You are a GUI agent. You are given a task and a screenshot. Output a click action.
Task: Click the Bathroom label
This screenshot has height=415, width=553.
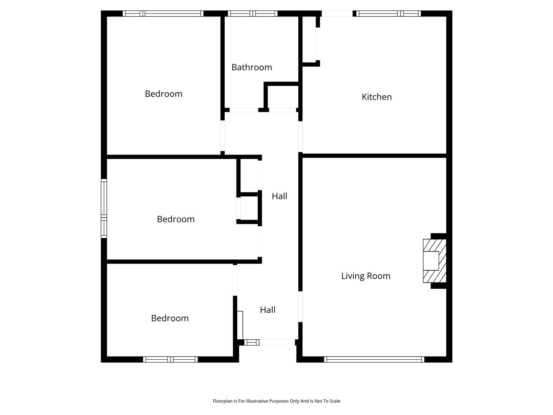[x=252, y=67]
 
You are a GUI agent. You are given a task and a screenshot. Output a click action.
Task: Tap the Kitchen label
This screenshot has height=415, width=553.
[x=376, y=97]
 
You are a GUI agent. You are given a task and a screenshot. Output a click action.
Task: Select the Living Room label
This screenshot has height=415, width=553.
[x=366, y=276]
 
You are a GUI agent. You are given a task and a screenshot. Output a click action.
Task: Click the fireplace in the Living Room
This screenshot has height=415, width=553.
[x=434, y=261]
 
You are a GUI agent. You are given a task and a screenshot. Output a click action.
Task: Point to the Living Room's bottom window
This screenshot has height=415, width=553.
[x=374, y=359]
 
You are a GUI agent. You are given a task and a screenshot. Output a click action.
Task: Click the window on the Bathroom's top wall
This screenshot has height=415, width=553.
[x=253, y=13]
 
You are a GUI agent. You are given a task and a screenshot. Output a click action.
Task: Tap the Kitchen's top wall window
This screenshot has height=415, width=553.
[x=388, y=13]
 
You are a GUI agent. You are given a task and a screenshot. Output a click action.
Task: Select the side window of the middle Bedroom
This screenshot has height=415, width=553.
[x=104, y=208]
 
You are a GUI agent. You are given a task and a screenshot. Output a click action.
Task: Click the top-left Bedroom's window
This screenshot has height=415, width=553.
[x=163, y=13]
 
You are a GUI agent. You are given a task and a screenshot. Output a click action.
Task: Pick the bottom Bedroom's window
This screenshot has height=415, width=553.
[x=170, y=359]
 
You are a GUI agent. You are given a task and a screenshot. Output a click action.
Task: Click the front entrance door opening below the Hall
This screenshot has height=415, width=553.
[x=277, y=342]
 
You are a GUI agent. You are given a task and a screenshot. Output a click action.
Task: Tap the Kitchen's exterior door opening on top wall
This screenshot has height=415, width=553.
[x=337, y=13]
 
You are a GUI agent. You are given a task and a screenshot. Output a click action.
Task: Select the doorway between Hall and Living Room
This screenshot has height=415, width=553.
[x=300, y=306]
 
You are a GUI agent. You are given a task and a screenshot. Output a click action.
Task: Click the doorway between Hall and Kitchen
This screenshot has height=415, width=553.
[x=300, y=136]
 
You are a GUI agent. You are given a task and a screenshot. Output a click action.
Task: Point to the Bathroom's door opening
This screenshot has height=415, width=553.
[x=243, y=110]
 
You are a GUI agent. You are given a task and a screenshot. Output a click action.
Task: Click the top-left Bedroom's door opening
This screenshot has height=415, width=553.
[x=222, y=136]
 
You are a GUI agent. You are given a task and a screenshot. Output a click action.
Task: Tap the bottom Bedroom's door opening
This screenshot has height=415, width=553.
[x=235, y=280]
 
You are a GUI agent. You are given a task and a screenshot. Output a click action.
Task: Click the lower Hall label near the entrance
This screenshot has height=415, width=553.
[x=268, y=310]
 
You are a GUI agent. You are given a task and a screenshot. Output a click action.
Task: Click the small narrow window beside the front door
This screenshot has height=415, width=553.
[x=252, y=342]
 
